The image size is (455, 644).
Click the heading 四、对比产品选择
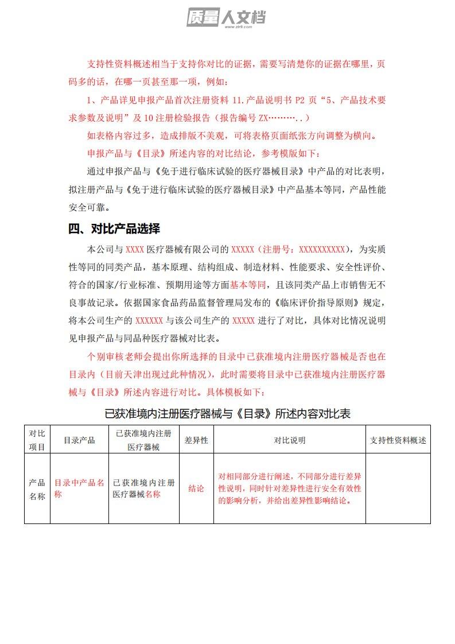(114, 228)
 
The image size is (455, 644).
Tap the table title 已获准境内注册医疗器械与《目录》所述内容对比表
(228, 413)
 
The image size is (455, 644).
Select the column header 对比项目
(37, 440)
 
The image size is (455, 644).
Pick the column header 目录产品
(79, 440)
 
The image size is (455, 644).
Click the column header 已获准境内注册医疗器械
(143, 440)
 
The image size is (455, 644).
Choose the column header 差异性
(196, 440)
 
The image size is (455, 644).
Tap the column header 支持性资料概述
(398, 440)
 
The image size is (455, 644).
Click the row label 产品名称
(37, 489)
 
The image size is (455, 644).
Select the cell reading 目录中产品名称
(79, 488)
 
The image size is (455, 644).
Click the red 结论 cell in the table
(196, 488)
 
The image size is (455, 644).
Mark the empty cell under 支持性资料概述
(398, 488)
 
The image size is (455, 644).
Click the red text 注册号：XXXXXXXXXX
(304, 250)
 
